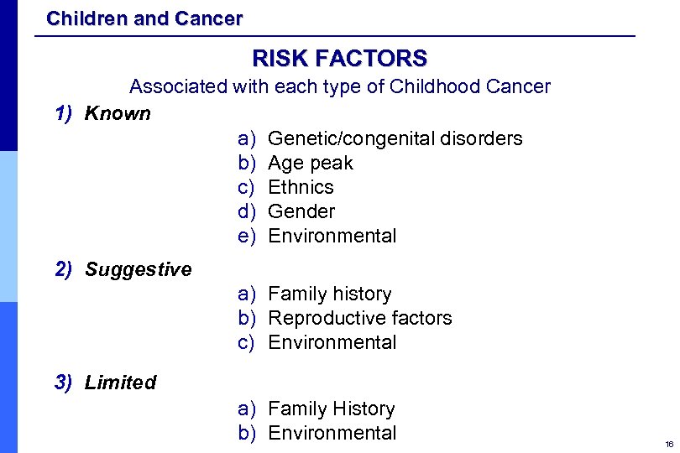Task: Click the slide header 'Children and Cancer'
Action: tap(144, 18)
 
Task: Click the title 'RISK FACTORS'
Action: tap(339, 58)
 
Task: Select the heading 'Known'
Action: tap(118, 113)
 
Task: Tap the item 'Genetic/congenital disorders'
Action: tap(395, 138)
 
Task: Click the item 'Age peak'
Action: tap(310, 163)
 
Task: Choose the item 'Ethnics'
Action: tap(301, 187)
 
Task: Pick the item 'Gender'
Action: tap(301, 211)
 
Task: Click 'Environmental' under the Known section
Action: tap(332, 236)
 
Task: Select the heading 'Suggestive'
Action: tap(138, 269)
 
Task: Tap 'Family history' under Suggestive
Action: tap(329, 294)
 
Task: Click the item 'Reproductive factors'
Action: tap(359, 318)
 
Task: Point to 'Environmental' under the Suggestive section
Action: tap(332, 342)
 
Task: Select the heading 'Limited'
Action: tap(120, 383)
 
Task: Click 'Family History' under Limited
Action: tap(331, 409)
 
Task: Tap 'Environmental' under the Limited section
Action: tap(332, 433)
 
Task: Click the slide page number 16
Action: tap(668, 444)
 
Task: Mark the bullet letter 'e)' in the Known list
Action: tap(247, 236)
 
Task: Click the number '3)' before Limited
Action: tap(64, 383)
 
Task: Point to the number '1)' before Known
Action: tap(64, 113)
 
